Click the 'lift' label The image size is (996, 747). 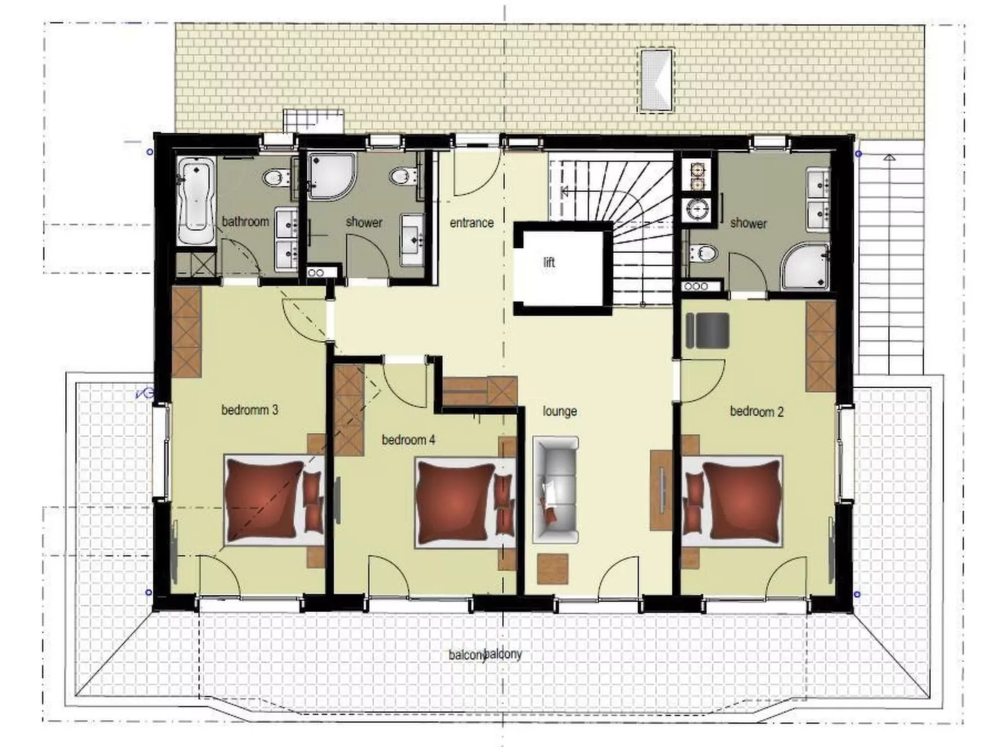[549, 262]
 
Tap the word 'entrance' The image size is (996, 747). [471, 223]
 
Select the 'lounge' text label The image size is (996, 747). [559, 411]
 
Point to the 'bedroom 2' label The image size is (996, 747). [757, 411]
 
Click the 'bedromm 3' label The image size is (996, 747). [249, 410]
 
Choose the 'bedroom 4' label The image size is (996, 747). [408, 440]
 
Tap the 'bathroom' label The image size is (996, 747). [246, 221]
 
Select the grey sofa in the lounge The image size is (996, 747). [556, 487]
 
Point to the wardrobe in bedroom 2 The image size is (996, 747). [820, 347]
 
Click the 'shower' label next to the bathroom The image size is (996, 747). [364, 222]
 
